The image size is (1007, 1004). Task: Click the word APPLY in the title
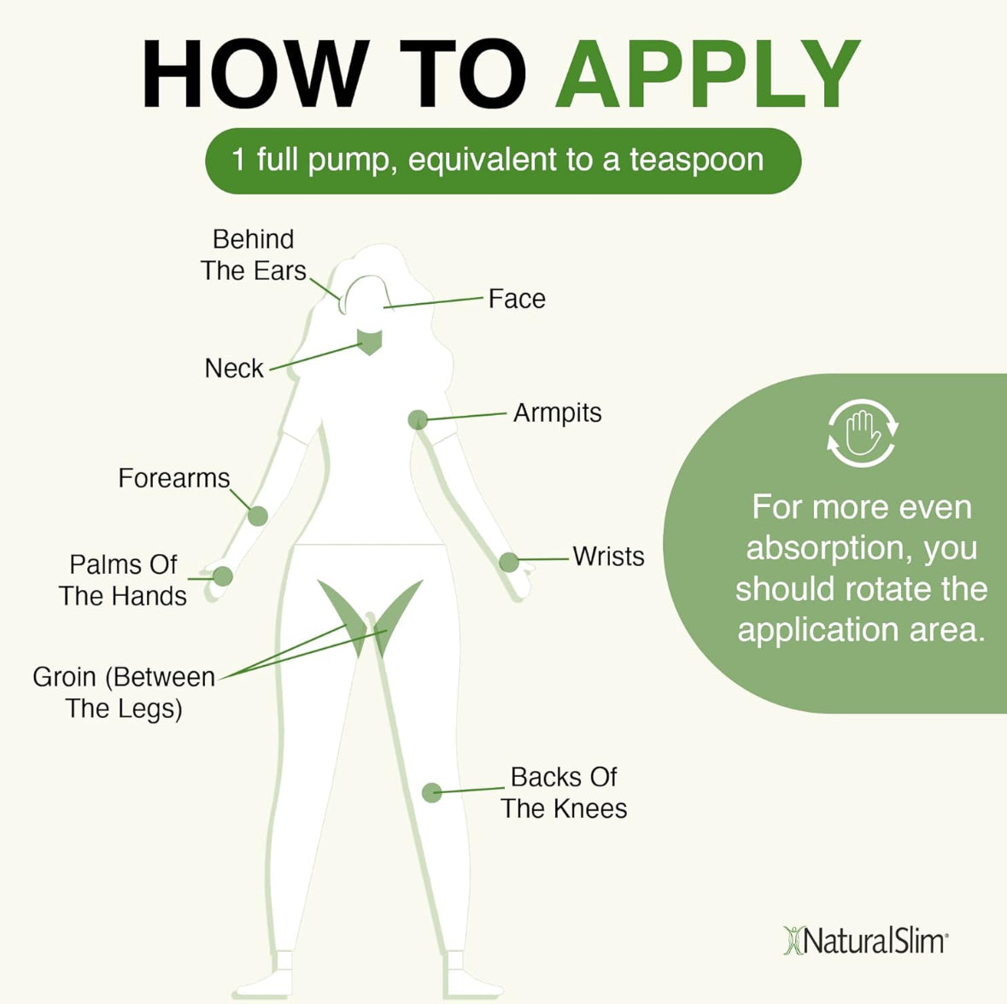tap(708, 74)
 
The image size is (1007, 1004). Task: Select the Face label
tap(516, 299)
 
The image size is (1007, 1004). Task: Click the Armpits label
tap(557, 413)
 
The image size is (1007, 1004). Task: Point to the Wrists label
tap(608, 557)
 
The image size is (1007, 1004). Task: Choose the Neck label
tap(233, 369)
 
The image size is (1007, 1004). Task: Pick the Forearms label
tap(173, 478)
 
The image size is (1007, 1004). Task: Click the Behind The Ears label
tap(253, 255)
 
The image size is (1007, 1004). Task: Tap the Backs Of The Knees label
tap(564, 793)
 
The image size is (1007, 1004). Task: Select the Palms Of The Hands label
tap(122, 581)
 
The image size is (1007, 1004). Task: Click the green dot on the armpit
tap(418, 419)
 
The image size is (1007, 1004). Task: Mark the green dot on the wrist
tap(508, 562)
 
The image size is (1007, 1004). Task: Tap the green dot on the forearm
tap(257, 516)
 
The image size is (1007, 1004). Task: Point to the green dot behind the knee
tap(432, 792)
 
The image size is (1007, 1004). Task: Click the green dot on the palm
tap(222, 576)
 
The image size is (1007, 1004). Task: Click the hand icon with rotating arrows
tap(862, 433)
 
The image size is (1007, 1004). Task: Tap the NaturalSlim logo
tap(865, 941)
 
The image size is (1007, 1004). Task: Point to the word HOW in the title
tap(254, 74)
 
